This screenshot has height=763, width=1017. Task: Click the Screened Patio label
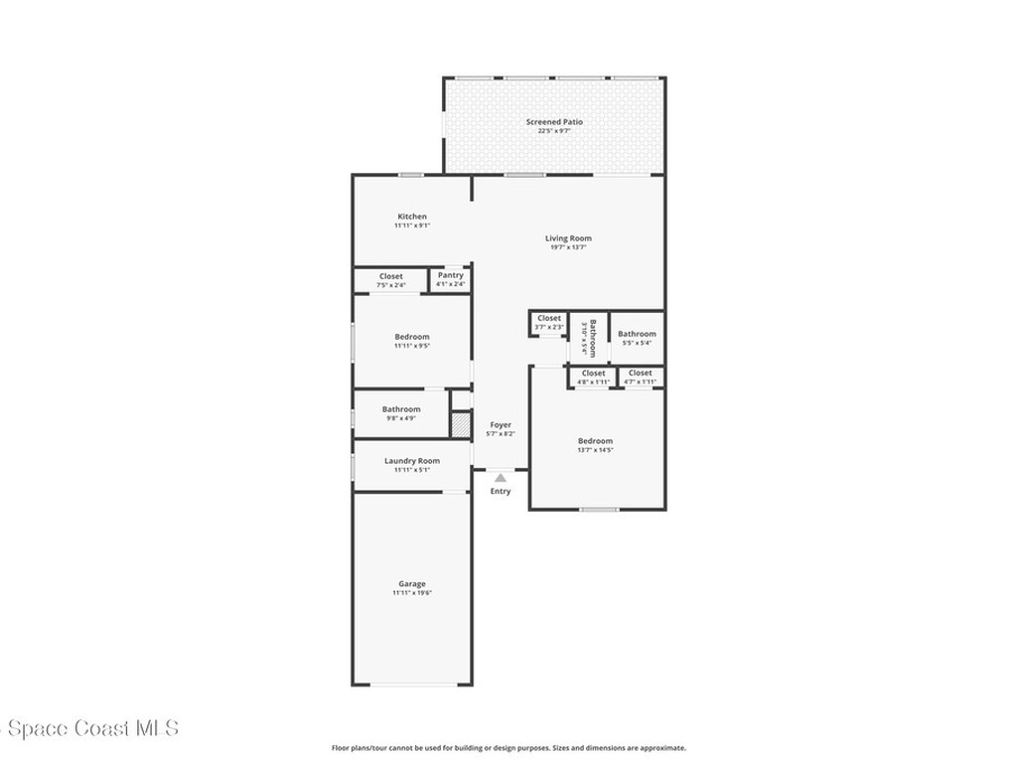(x=554, y=122)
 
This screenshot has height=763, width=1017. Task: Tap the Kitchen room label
(x=412, y=217)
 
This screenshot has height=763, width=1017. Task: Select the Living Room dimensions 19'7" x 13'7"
(x=568, y=247)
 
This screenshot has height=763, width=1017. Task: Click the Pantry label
(x=450, y=275)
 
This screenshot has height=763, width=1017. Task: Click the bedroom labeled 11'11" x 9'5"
(x=412, y=337)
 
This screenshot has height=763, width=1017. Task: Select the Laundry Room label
(x=412, y=461)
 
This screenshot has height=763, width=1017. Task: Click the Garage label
(x=412, y=584)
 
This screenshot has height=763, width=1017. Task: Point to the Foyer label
(x=501, y=425)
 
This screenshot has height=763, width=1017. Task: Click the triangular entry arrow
(x=501, y=478)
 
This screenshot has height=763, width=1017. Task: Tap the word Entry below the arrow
(x=501, y=492)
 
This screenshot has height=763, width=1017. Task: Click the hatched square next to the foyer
(x=460, y=424)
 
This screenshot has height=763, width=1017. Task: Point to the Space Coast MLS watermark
(x=89, y=729)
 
